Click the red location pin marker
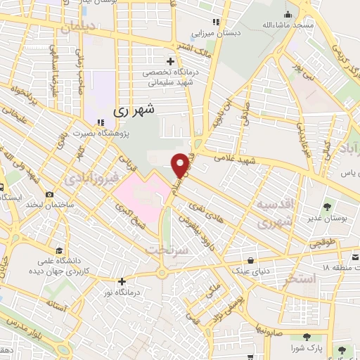(x=181, y=165)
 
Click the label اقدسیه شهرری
(x=271, y=214)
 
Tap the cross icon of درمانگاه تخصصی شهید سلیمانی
(x=170, y=61)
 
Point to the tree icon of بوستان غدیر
(x=328, y=206)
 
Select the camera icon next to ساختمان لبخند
(x=49, y=195)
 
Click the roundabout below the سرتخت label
(x=163, y=273)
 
